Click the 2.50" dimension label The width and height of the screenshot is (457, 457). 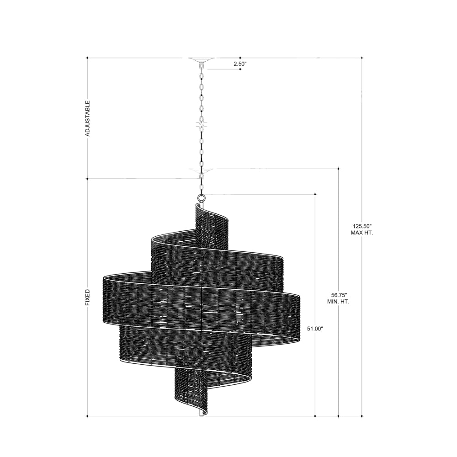pos(240,64)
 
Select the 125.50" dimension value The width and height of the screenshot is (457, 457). pos(361,226)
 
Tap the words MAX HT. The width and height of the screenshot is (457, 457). pos(362,233)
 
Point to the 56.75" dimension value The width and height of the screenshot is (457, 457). pos(338,295)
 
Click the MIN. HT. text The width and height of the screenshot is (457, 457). pos(338,302)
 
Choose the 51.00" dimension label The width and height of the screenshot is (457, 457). pos(315,329)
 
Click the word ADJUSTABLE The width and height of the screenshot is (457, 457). pos(88,119)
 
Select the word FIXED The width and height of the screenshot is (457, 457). pos(88,298)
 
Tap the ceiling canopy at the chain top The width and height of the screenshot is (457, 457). pos(202,60)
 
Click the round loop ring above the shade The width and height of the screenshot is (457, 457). pos(201,198)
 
